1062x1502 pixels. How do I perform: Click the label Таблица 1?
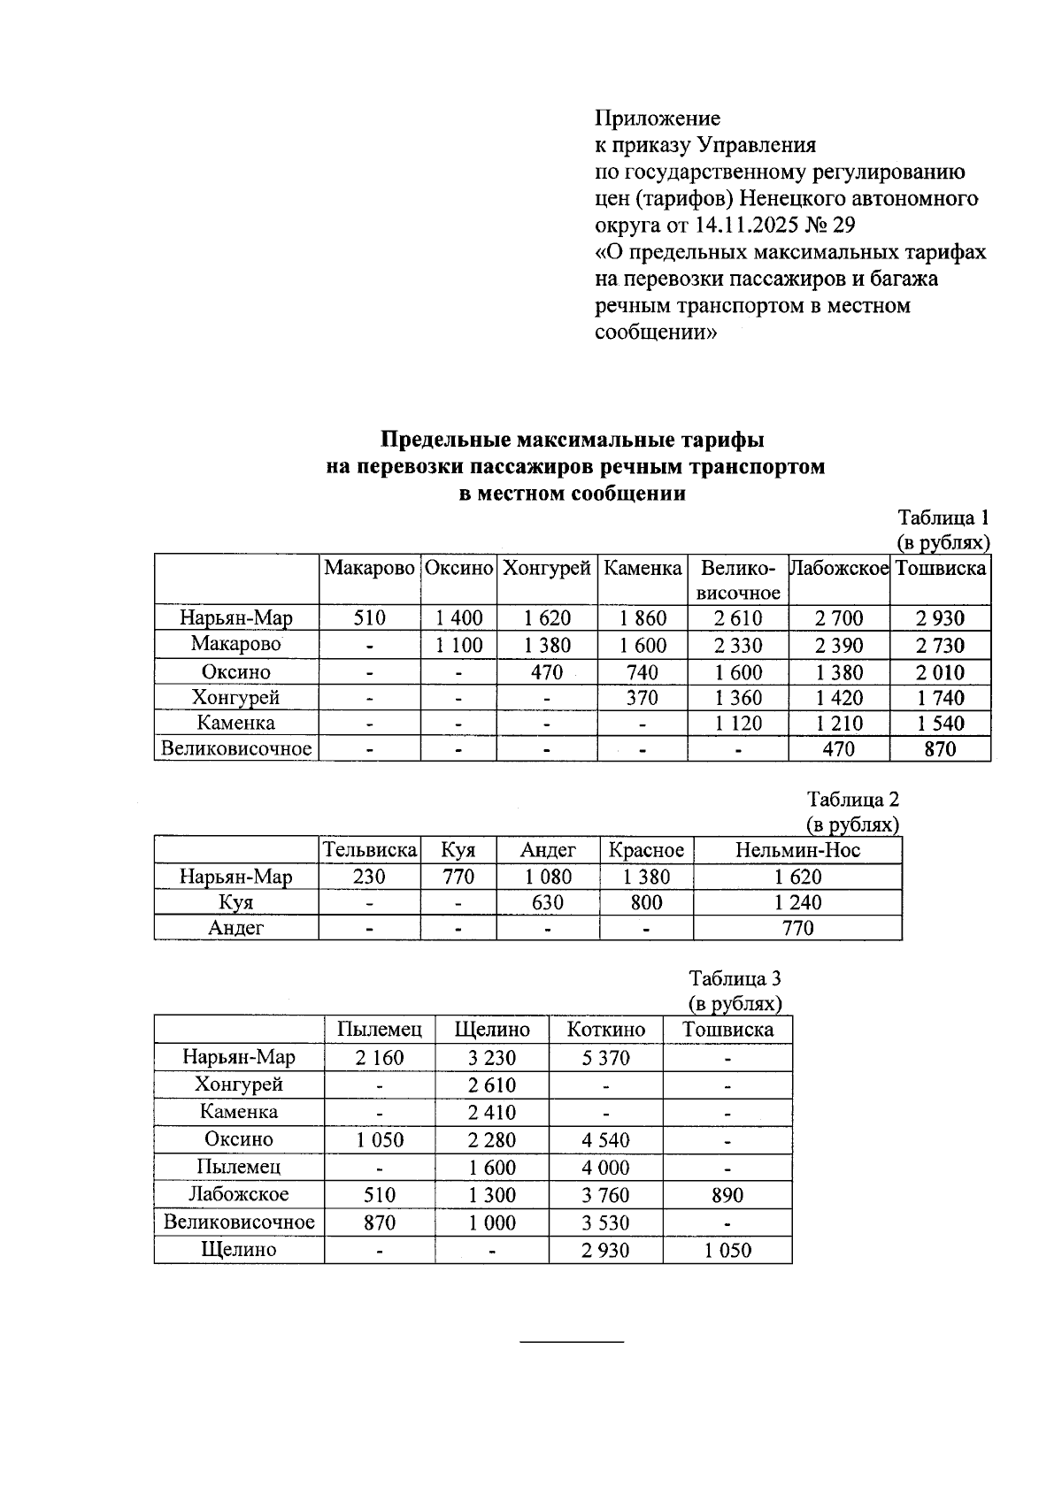coord(943,517)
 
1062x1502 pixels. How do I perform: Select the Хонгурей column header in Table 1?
coord(546,568)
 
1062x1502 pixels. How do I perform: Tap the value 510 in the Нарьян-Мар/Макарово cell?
coord(369,618)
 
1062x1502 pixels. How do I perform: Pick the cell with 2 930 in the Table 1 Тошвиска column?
coord(940,618)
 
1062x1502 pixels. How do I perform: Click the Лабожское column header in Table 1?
coord(838,568)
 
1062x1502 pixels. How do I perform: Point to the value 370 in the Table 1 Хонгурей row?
coord(642,698)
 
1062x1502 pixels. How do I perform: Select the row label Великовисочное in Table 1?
coord(236,749)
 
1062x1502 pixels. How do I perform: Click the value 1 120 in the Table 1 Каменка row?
coord(738,724)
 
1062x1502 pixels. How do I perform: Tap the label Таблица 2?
coord(852,800)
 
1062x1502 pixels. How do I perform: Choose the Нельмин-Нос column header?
coord(797,851)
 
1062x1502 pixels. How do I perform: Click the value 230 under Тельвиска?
coord(369,877)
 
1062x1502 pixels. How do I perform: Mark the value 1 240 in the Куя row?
coord(797,903)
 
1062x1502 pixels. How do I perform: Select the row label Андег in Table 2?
coord(236,928)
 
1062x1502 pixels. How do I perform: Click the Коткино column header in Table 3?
coord(605,1030)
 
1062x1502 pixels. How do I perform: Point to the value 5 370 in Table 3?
coord(605,1058)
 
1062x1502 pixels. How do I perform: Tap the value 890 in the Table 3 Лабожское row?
coord(727,1196)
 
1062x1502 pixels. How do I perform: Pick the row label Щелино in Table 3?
coord(239,1250)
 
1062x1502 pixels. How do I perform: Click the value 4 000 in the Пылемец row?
coord(605,1168)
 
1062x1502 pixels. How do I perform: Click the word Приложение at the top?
coord(657,119)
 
